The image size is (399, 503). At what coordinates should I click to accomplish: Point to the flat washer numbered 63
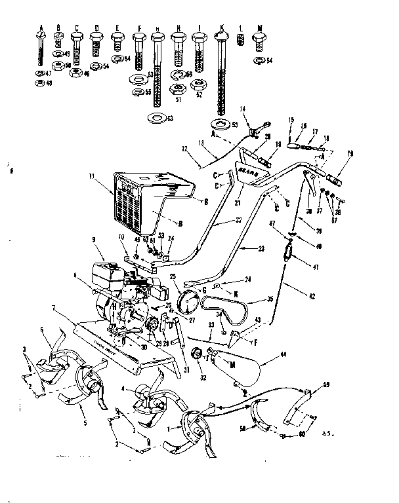[x=157, y=118]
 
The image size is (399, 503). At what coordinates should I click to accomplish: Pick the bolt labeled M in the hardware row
[x=260, y=45]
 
